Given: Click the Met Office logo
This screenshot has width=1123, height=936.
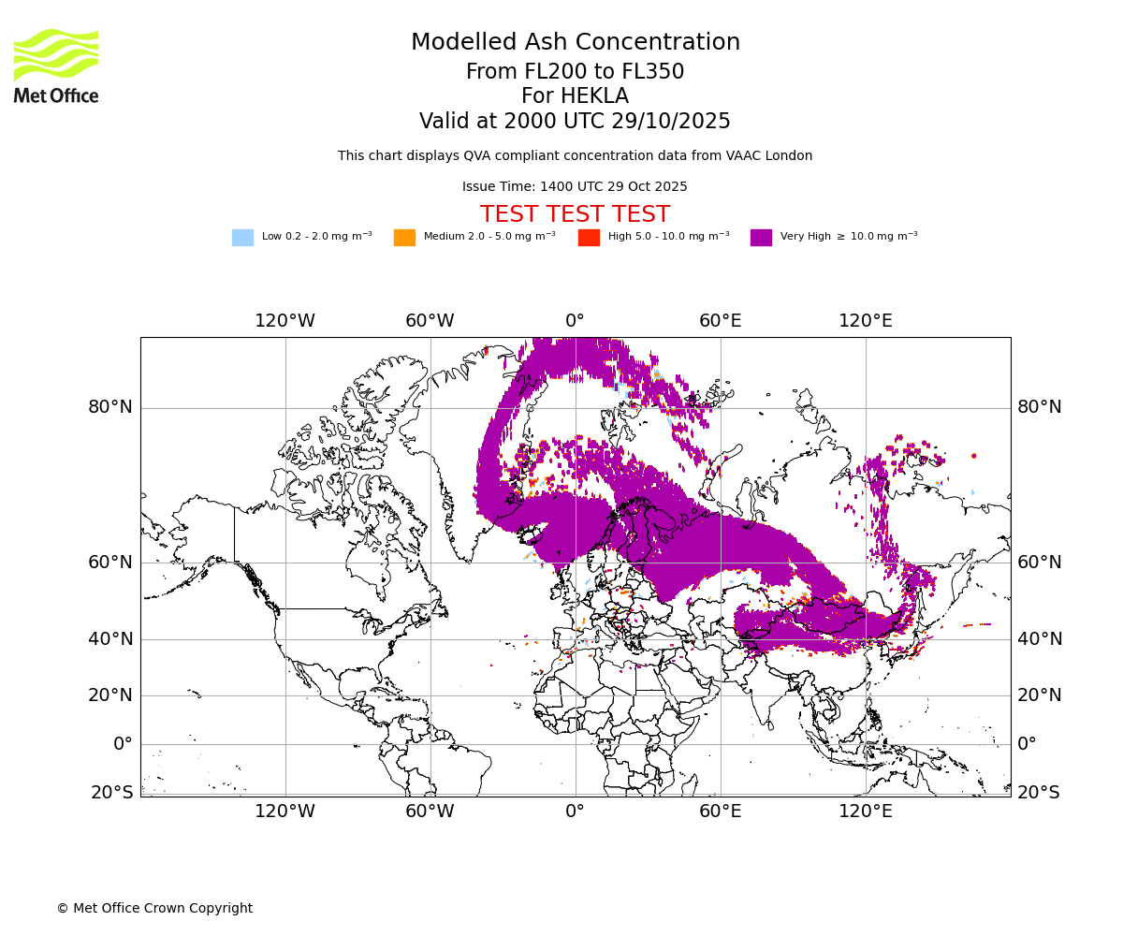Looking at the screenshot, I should pos(56,66).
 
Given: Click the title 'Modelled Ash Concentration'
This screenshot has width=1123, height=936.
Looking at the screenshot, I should pos(575,43).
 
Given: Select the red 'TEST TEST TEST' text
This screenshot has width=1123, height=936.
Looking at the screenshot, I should pos(575,214).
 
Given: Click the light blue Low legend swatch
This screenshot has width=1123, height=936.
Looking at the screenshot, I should pos(242,238).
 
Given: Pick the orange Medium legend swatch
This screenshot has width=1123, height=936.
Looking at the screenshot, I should pos(404,238).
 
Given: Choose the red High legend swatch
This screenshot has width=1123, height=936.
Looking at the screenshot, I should pos(589,238).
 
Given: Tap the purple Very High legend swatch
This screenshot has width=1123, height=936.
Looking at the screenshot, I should pos(761,238).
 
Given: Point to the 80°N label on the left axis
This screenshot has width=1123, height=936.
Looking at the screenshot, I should pos(110,407).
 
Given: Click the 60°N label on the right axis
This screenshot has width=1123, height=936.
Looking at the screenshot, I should pos(1040,563).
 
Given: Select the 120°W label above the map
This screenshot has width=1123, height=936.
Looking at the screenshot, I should pos(285,321).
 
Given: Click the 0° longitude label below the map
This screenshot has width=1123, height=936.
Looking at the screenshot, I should pos(575,812).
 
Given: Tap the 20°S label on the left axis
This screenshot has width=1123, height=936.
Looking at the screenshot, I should pos(112,793).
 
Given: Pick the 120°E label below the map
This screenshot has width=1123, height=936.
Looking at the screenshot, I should pos(865,812).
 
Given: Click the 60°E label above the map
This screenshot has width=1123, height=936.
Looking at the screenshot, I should pos(721,321).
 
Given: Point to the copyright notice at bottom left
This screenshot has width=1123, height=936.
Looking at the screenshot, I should pos(154,908).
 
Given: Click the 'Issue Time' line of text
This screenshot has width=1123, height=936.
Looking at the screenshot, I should pos(575,186).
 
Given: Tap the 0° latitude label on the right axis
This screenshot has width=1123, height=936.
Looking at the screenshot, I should pos(1028,744).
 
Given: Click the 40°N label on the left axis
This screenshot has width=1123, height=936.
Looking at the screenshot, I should pos(110,639).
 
